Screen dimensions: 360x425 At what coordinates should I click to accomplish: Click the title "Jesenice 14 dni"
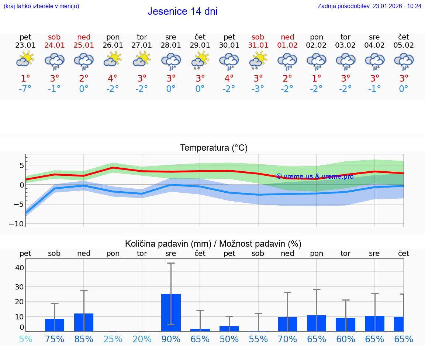tap(183, 11)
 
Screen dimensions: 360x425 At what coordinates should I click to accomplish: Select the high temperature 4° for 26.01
tap(113, 78)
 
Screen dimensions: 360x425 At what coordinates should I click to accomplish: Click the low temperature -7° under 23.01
tap(25, 89)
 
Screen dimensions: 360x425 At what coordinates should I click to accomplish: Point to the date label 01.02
tap(287, 45)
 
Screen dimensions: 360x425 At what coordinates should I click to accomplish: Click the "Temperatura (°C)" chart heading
tap(214, 148)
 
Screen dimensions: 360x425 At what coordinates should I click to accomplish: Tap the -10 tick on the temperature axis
tap(18, 224)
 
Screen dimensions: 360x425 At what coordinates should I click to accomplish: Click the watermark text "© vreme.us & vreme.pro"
tap(315, 176)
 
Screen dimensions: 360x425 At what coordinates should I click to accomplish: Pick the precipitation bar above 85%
tap(84, 322)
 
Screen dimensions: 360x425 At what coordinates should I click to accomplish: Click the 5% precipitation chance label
tap(25, 339)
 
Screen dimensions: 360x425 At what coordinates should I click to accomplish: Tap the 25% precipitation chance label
tap(113, 339)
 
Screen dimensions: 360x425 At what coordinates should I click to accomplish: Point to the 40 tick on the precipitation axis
tap(19, 268)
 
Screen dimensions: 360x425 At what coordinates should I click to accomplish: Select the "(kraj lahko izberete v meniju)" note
tap(41, 6)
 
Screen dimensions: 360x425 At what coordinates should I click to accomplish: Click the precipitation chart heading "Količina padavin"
tap(213, 244)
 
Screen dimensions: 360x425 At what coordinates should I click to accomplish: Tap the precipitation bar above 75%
tap(55, 325)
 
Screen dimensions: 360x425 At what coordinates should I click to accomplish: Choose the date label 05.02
tap(404, 45)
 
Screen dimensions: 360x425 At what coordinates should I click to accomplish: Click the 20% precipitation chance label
tap(142, 339)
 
